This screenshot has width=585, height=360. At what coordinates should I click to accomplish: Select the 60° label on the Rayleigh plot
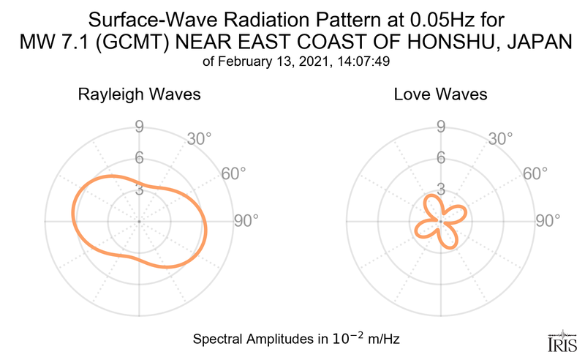tap(233, 173)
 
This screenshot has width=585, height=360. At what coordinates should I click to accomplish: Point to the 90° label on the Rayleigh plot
tap(246, 220)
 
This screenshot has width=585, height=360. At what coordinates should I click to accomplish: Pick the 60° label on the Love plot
tap(535, 173)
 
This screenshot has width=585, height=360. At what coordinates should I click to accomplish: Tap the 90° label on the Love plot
tap(548, 220)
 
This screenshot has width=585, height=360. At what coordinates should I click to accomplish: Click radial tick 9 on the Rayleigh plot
tap(138, 127)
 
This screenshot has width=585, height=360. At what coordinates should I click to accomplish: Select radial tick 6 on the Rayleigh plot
tap(138, 158)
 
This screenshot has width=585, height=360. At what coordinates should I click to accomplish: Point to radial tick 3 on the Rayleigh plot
tap(138, 189)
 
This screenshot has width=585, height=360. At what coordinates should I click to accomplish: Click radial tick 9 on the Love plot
tap(441, 127)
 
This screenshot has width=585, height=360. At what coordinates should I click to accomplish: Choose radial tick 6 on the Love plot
tap(441, 158)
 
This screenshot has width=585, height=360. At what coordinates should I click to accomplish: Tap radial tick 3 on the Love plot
tap(441, 189)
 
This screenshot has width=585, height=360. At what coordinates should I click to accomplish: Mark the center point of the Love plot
tap(441, 220)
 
